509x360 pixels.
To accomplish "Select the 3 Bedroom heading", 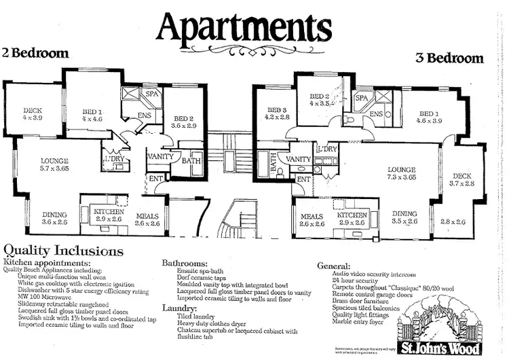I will tap(449, 58).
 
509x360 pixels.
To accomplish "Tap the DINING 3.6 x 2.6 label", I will tap(54, 218).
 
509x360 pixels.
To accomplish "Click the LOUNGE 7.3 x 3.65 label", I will tap(401, 173).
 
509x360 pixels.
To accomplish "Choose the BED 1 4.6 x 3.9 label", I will tap(429, 117).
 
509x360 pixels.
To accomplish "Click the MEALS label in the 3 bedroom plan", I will tap(312, 219).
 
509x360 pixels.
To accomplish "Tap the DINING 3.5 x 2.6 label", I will tap(405, 217).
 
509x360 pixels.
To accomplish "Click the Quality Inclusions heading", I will tap(64, 250).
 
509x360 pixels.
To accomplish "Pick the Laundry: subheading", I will tap(181, 307).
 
